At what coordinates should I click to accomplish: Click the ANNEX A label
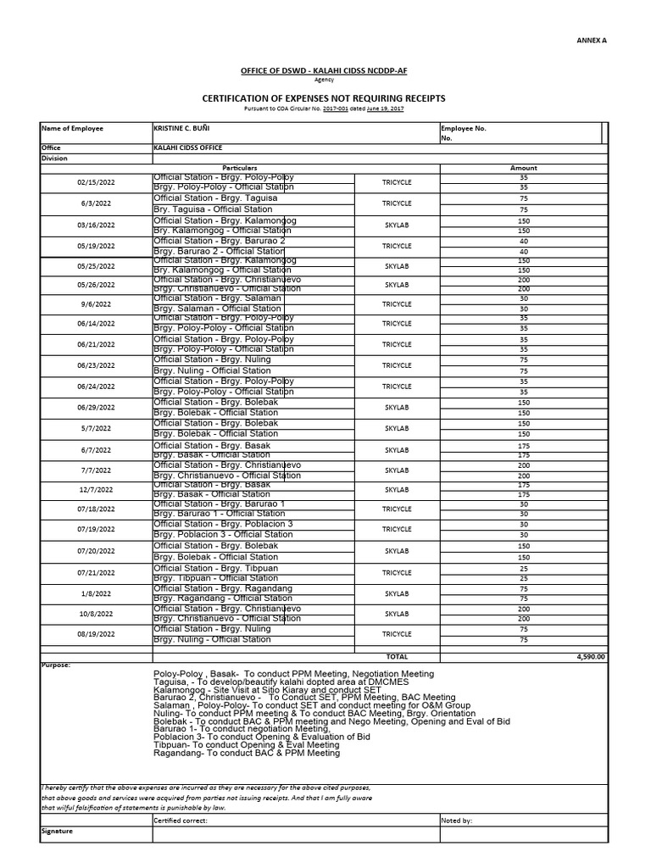(593, 40)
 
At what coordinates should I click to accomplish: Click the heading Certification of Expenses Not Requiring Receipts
(323, 98)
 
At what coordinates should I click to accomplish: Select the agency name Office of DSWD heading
(325, 71)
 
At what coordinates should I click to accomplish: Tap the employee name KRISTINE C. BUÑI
(181, 129)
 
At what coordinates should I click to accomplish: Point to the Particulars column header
(240, 168)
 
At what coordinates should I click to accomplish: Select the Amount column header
(523, 168)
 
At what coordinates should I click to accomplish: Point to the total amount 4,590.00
(590, 656)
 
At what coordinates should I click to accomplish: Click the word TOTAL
(397, 656)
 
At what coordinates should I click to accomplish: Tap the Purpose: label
(57, 665)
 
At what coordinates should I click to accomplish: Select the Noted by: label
(457, 821)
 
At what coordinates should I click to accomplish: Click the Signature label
(58, 832)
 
